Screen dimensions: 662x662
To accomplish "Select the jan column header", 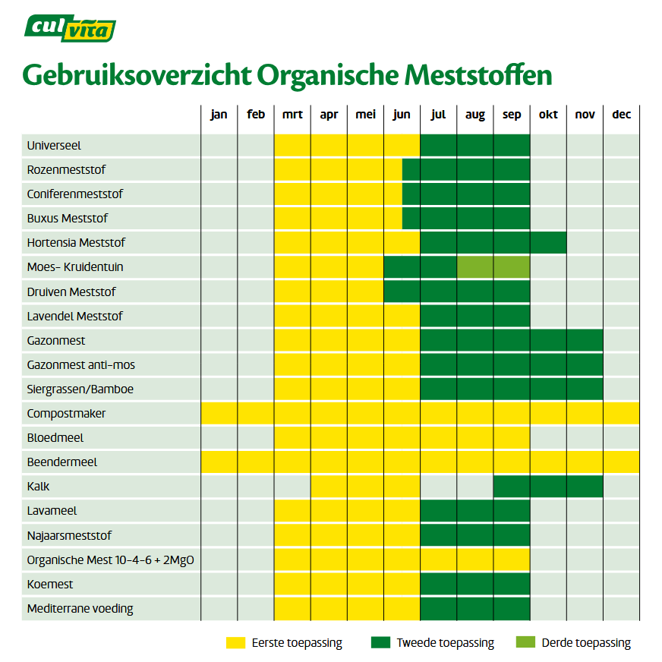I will [x=219, y=115].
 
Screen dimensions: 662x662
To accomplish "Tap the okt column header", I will [x=548, y=115].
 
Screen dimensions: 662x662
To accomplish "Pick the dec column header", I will [x=621, y=115].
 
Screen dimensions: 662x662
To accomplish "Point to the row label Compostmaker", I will [x=66, y=414].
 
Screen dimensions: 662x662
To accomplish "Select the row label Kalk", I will [x=38, y=487].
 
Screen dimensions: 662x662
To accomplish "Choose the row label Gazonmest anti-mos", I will [x=80, y=364].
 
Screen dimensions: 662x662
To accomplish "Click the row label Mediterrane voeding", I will [x=80, y=609].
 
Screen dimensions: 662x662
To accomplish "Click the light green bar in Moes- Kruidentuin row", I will [x=493, y=267].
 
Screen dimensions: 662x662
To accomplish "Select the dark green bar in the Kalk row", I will [x=548, y=487].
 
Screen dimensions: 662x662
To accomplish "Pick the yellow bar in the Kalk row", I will [x=365, y=487].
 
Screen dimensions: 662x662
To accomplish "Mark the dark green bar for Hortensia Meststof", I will [x=493, y=243].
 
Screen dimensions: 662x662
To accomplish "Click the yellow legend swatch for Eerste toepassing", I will [x=236, y=643].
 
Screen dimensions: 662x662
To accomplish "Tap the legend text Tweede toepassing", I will [x=445, y=643].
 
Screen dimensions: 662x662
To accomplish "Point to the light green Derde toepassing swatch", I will [x=525, y=643].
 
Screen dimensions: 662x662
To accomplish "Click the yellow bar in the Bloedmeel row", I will [x=402, y=438].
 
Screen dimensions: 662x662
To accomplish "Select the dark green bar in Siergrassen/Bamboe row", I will [x=512, y=389].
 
